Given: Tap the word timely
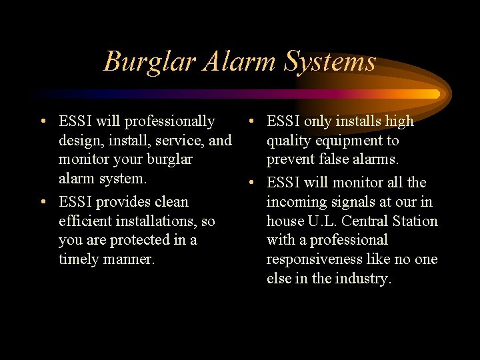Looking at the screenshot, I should [x=79, y=259].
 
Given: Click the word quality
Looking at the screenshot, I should [x=287, y=141].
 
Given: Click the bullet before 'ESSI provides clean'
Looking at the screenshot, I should [x=43, y=202].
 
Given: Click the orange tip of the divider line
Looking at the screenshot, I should [x=435, y=94].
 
